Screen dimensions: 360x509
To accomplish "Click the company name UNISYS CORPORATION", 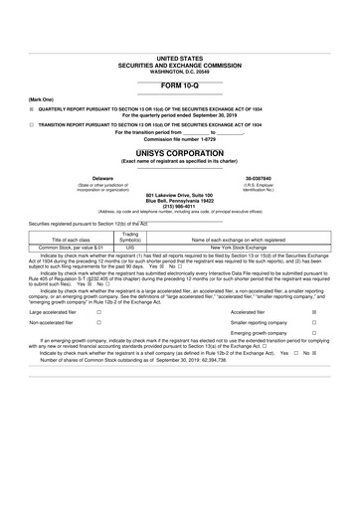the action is click(179, 154).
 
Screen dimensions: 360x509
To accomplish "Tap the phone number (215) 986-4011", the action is click(179, 206).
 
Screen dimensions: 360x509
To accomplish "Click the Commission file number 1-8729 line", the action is click(179, 139).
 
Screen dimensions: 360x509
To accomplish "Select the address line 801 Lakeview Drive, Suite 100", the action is click(179, 195).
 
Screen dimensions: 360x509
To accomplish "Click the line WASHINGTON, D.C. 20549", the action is click(179, 71).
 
